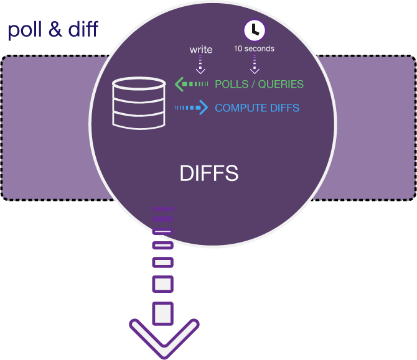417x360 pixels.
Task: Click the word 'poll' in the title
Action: pos(24,30)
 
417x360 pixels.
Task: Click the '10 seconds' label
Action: pos(253,48)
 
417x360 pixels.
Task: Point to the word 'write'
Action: pos(200,50)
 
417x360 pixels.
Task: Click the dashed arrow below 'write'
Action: pos(200,65)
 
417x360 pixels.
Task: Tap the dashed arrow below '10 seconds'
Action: pos(253,65)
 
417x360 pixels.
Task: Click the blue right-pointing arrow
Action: pos(191,108)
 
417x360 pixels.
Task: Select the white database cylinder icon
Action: pos(139,103)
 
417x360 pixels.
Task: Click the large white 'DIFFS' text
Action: pos(209,173)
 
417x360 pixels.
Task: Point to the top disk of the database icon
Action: pos(139,85)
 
